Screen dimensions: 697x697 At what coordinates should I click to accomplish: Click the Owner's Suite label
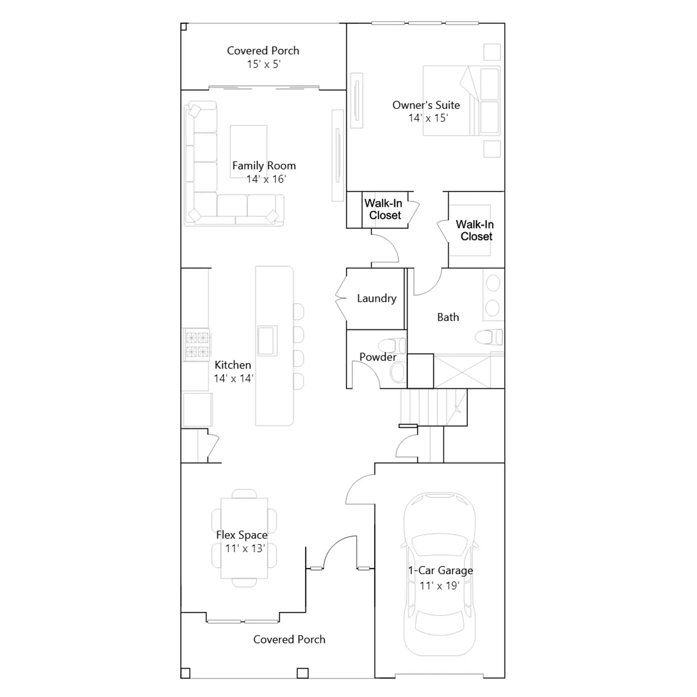(x=426, y=105)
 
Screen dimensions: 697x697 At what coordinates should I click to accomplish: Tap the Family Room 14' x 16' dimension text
(x=266, y=179)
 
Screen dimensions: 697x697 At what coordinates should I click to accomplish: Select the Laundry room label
(x=377, y=298)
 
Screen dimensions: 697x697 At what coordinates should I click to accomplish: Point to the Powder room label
(x=378, y=357)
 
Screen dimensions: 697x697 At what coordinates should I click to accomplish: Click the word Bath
(x=448, y=317)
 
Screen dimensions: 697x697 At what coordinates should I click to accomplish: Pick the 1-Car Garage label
(x=440, y=571)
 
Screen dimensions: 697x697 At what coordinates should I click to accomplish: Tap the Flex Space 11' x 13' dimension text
(x=245, y=548)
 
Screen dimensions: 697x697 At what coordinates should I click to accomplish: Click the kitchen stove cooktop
(x=197, y=345)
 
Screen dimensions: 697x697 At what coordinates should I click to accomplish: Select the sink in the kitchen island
(x=267, y=341)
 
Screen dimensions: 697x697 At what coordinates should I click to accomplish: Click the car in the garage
(x=440, y=574)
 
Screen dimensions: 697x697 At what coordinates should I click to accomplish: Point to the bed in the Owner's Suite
(x=461, y=101)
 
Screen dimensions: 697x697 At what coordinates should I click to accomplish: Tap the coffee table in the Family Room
(x=248, y=151)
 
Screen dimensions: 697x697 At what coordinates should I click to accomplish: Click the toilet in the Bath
(x=488, y=337)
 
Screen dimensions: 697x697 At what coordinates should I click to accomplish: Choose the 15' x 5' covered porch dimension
(x=264, y=64)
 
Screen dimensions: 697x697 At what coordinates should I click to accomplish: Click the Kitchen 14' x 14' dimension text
(x=233, y=378)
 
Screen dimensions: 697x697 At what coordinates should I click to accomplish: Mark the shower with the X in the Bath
(x=463, y=372)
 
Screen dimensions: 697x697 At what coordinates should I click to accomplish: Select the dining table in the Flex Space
(x=244, y=538)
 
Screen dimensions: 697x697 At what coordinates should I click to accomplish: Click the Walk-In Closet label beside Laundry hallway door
(x=384, y=209)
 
